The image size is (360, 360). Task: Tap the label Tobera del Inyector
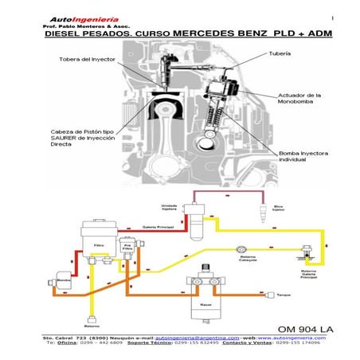[x=85, y=59]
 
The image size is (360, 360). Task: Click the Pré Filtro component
[x=127, y=248]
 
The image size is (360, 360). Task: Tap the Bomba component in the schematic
[x=63, y=280]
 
